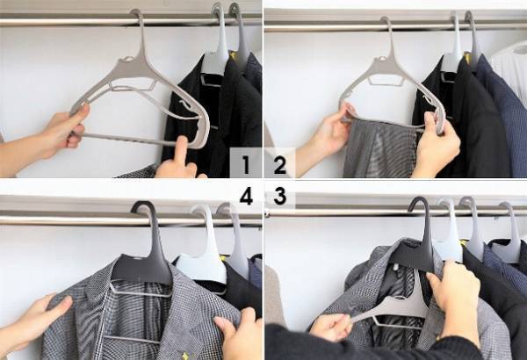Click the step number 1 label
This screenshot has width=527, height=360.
pyautogui.click(x=246, y=165)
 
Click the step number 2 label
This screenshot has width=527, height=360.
pyautogui.click(x=279, y=165)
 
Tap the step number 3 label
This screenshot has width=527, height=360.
pyautogui.click(x=280, y=197)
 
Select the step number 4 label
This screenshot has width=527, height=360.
pyautogui.click(x=246, y=197)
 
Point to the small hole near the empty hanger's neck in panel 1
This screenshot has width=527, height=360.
pyautogui.click(x=126, y=60)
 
